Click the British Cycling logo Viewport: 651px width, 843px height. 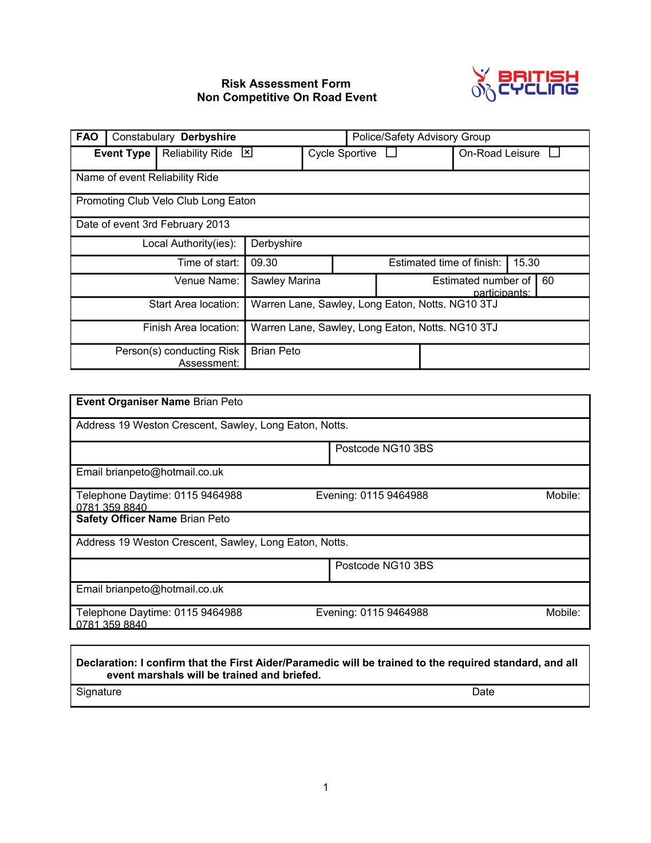pyautogui.click(x=524, y=84)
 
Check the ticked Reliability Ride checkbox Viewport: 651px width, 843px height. pyautogui.click(x=247, y=152)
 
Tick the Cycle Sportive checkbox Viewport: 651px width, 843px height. pyautogui.click(x=391, y=152)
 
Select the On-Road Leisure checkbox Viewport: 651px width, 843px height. pyautogui.click(x=554, y=152)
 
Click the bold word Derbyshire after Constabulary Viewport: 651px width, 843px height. pyautogui.click(x=208, y=137)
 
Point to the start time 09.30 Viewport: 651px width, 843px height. pyautogui.click(x=264, y=263)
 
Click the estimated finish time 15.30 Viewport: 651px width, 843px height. pyautogui.click(x=526, y=263)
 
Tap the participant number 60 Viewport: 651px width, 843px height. pyautogui.click(x=548, y=281)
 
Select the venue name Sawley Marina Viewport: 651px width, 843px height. pyautogui.click(x=286, y=281)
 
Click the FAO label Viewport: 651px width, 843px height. pyautogui.click(x=87, y=137)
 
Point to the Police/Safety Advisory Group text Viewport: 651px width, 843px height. pyautogui.click(x=421, y=137)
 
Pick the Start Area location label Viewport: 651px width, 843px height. pyautogui.click(x=194, y=304)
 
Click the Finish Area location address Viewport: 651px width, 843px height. pyautogui.click(x=374, y=328)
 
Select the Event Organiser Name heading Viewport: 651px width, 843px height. pyautogui.click(x=133, y=402)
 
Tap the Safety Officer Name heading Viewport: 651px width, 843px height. pyautogui.click(x=127, y=519)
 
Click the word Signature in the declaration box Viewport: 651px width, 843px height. pyautogui.click(x=98, y=692)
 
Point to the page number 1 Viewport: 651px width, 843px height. pyautogui.click(x=326, y=787)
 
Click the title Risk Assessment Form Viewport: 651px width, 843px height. pyautogui.click(x=286, y=84)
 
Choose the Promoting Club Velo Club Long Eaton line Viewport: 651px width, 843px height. pyautogui.click(x=166, y=201)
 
